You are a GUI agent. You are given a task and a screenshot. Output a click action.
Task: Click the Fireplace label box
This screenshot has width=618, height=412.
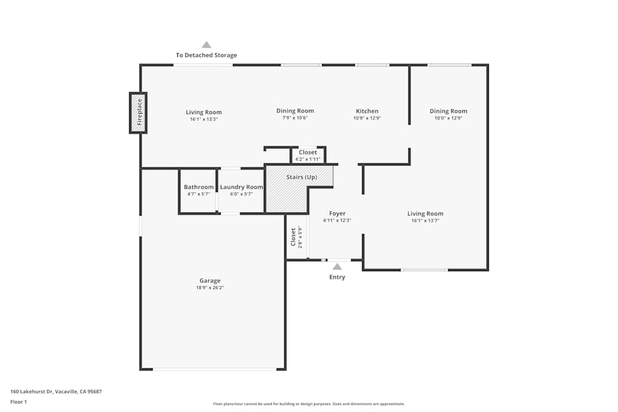[x=138, y=112]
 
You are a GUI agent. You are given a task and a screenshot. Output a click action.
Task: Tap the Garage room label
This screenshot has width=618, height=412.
[x=210, y=280]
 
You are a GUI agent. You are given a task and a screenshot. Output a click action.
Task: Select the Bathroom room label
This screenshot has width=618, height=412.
[x=198, y=187]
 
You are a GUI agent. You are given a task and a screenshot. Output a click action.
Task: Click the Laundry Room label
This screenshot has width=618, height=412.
[x=242, y=187]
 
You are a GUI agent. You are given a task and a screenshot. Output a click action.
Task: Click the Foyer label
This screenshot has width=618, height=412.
[x=337, y=214]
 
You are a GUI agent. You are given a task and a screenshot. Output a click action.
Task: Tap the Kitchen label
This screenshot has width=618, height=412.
[x=367, y=111]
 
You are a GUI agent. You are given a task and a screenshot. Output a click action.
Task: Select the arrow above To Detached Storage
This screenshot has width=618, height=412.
[x=206, y=44]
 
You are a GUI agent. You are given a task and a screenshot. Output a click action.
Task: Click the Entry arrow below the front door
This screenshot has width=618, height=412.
[x=337, y=267]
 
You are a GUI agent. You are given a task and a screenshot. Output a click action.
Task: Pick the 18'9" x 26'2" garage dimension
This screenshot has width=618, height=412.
[x=210, y=288]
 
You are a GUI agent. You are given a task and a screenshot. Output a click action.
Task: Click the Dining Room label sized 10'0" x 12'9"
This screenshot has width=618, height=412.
[x=448, y=111]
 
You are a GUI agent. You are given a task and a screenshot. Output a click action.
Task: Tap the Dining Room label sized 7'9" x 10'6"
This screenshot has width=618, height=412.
[x=295, y=111]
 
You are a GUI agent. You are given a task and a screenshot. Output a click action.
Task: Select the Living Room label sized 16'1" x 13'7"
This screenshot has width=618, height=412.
[x=425, y=214]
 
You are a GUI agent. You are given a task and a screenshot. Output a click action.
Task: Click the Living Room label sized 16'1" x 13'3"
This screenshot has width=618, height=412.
[x=203, y=112]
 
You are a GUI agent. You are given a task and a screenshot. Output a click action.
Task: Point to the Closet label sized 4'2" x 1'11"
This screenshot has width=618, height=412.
[x=307, y=152]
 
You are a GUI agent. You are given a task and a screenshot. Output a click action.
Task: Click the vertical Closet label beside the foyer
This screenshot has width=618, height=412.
[x=294, y=238]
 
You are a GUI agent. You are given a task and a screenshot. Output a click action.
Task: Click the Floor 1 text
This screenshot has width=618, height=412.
[x=19, y=401]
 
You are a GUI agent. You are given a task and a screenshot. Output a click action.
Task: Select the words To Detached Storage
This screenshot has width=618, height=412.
[x=206, y=55]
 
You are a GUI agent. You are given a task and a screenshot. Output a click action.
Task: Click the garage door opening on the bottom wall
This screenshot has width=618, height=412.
[x=214, y=369]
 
